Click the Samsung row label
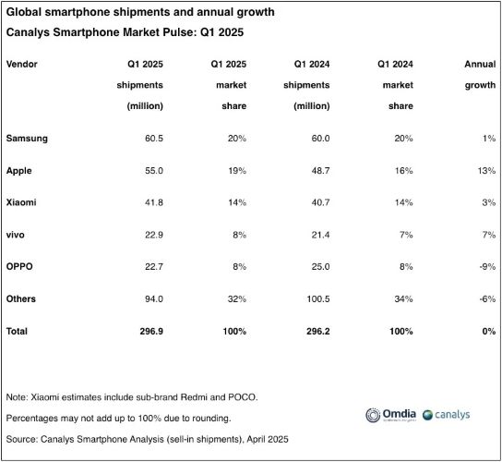[27, 139]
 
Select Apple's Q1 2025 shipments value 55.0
[154, 171]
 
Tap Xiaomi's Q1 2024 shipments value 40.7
[320, 202]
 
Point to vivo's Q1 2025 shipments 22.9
[154, 235]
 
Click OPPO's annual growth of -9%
[487, 267]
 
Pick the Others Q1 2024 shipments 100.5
[318, 299]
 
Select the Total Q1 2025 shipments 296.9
[151, 331]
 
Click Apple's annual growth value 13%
[486, 171]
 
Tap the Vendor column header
[22, 64]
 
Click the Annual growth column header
[480, 74]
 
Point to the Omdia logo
[391, 415]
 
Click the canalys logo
[447, 415]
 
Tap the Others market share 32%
[237, 299]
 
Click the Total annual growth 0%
[489, 331]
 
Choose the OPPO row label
[19, 267]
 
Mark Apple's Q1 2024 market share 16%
[403, 171]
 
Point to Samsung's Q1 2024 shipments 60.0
[320, 139]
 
